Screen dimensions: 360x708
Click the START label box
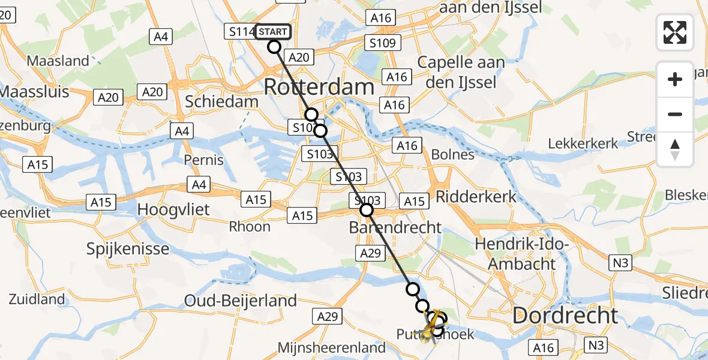[x=273, y=31]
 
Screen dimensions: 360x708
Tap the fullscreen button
[x=675, y=32]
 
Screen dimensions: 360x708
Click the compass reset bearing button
[x=675, y=149]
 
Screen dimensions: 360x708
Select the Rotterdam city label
[x=319, y=87]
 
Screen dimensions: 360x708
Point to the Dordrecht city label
[x=565, y=316]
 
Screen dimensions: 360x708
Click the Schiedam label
[x=221, y=101]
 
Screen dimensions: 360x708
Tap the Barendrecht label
[x=395, y=228]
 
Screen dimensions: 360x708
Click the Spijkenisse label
[x=128, y=248]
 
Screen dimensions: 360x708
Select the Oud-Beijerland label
[x=240, y=300]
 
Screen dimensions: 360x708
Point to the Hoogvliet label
[x=173, y=209]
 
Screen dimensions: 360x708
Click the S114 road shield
[x=240, y=32]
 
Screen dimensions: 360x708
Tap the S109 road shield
[x=382, y=43]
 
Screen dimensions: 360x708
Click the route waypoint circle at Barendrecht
[x=366, y=210]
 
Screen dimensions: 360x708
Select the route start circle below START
[x=274, y=47]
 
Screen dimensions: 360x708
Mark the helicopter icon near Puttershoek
[x=433, y=325]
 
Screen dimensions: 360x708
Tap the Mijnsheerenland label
[x=331, y=347]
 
